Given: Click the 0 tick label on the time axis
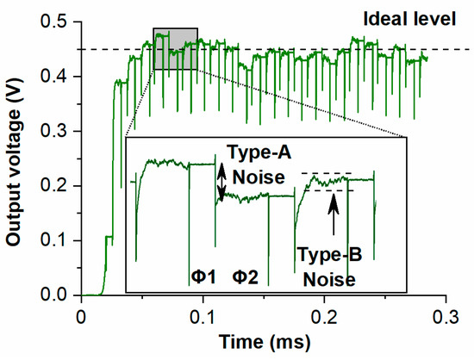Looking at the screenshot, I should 81,313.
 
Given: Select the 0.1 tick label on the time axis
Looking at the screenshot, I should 203,313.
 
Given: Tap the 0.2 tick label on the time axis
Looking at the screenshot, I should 325,313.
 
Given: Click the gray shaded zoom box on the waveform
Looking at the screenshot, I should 175,49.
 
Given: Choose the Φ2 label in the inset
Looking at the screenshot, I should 246,277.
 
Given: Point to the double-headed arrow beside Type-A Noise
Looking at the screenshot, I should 221,183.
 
